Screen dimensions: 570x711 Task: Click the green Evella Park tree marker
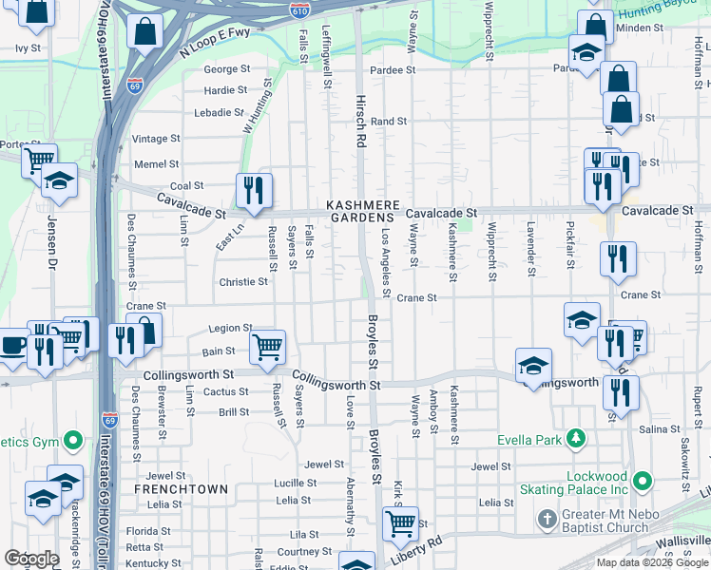click(575, 438)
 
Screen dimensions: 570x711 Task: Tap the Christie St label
click(243, 282)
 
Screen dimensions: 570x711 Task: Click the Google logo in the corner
click(31, 559)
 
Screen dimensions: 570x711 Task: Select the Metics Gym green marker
click(72, 441)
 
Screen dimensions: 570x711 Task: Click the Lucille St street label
click(296, 483)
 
